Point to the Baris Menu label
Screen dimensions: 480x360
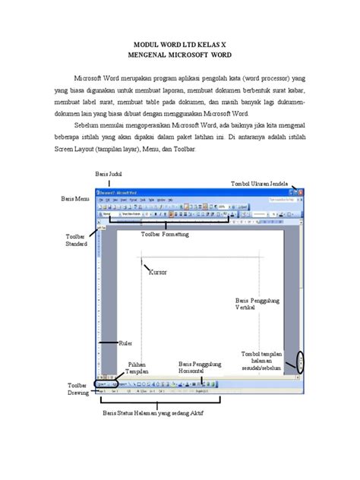(x=74, y=198)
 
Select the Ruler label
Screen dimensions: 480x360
(x=128, y=343)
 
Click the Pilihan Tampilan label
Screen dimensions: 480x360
(x=137, y=368)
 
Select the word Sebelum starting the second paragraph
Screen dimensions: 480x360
(x=87, y=122)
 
